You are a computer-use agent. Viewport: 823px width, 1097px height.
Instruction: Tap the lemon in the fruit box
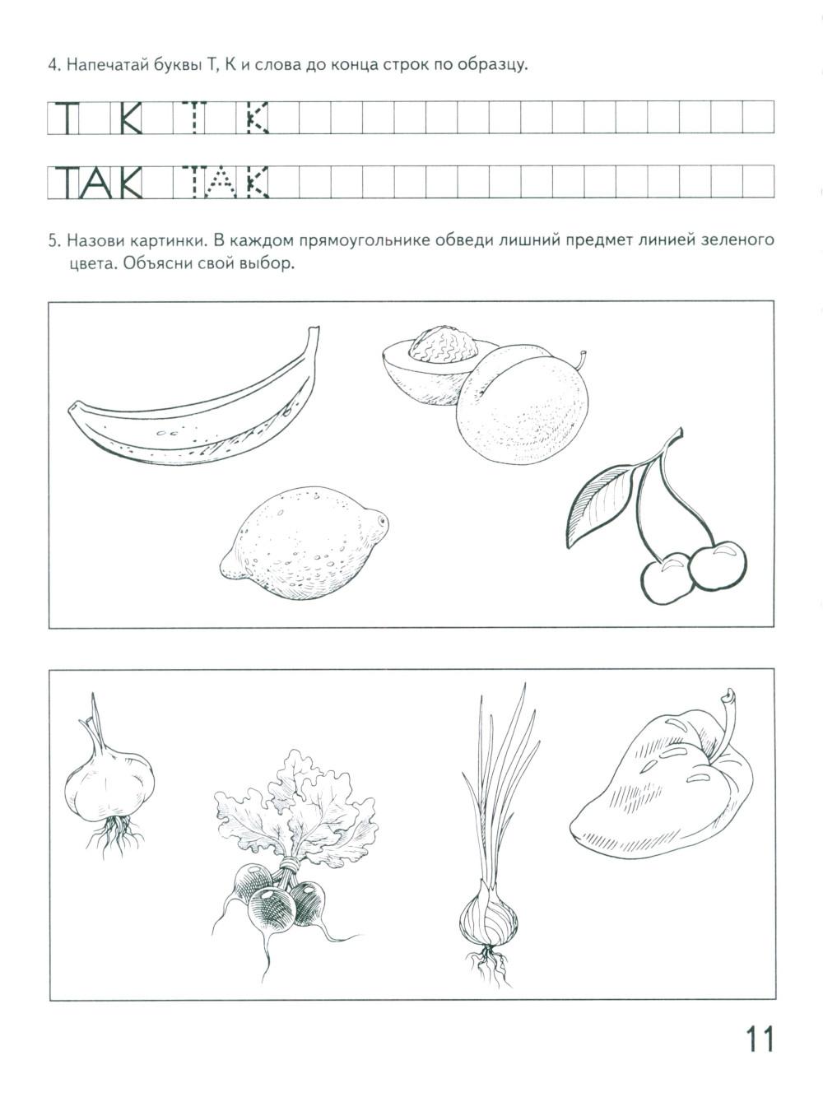304,543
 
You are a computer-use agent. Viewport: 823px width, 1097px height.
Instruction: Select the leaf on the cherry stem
602,504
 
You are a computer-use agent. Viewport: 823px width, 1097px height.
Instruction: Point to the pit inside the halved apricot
444,344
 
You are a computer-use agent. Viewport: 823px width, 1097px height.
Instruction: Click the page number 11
759,1038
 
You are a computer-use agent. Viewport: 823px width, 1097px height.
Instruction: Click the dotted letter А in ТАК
220,183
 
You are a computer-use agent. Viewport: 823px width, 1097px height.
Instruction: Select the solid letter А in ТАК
95,183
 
